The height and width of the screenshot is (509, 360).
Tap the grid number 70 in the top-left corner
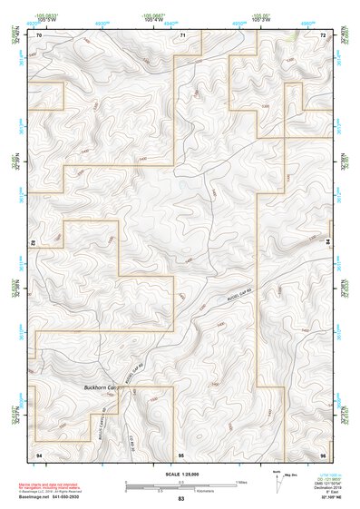pos(39,35)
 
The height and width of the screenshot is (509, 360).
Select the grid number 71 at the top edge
pos(182,35)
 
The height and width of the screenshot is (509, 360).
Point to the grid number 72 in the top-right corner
pos(323,35)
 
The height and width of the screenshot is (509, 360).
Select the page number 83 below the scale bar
pos(180,500)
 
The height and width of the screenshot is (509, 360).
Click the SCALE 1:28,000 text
pos(180,474)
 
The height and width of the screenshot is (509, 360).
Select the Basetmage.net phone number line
pos(56,500)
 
